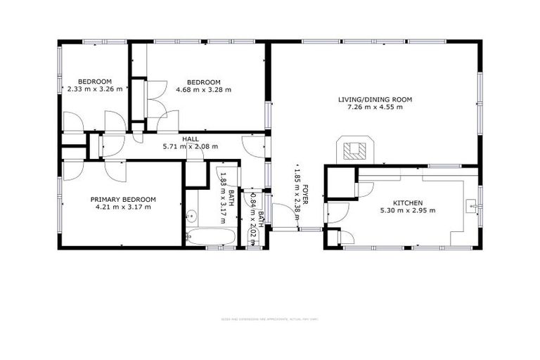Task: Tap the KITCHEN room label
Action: coord(408,202)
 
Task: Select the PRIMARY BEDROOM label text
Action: coord(123,199)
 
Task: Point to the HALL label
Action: coord(190,139)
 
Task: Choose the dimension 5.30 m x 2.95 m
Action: coord(408,210)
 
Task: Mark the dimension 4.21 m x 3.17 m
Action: coord(123,207)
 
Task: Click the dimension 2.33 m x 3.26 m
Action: coord(95,89)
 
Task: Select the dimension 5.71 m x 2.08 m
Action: coord(190,147)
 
